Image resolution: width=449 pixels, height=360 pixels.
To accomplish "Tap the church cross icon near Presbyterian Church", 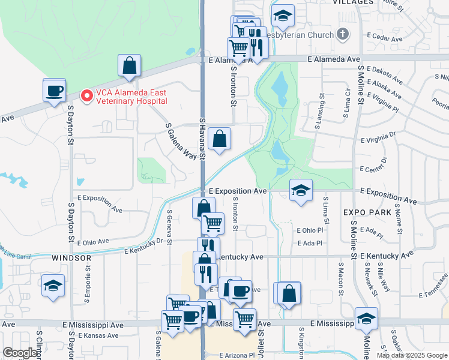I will tap(343, 34).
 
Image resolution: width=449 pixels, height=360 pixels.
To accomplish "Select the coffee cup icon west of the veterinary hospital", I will tap(54, 91).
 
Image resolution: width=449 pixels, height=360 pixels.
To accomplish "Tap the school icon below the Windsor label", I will tap(53, 286).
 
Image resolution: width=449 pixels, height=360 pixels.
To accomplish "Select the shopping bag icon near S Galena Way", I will tap(220, 139).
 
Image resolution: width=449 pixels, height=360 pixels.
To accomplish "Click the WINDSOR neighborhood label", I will tap(71, 258).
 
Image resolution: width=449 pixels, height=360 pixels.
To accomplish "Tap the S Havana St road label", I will tap(202, 138).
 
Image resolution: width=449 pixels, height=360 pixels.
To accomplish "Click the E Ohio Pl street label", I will tap(310, 230).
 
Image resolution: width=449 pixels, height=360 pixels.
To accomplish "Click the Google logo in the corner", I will tap(20, 353).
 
